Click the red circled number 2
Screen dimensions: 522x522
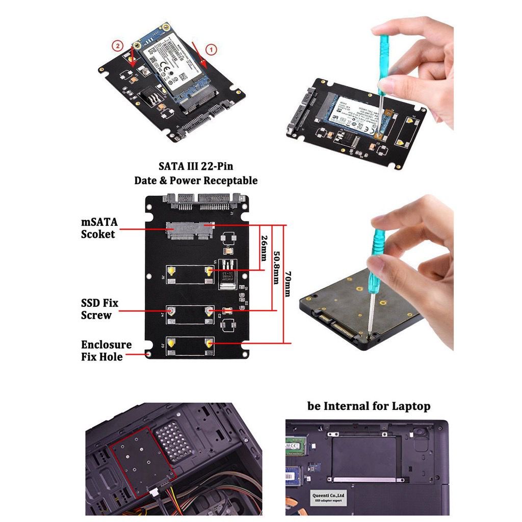[118, 45]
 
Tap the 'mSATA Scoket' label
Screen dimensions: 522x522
[99, 228]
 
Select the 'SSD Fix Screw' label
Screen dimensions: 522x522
[99, 309]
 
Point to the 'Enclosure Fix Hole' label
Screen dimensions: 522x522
[106, 351]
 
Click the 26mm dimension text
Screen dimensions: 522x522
[264, 247]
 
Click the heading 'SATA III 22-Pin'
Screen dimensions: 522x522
[196, 166]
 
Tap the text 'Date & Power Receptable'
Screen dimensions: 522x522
[196, 180]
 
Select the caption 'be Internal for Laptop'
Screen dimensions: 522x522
[369, 406]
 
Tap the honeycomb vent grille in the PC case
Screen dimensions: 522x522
[173, 441]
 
